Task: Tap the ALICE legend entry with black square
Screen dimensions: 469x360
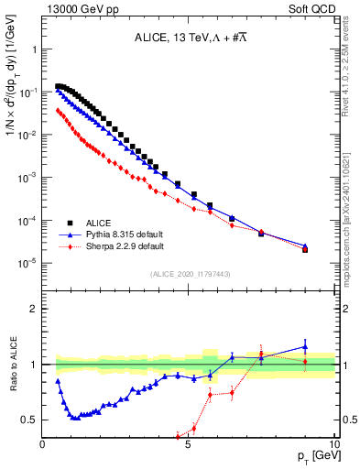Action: coord(110,223)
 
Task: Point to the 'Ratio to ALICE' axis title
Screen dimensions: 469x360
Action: coord(11,365)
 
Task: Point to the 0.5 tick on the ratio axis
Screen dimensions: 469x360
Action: coord(30,420)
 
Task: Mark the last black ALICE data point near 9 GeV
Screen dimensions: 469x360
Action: coord(306,248)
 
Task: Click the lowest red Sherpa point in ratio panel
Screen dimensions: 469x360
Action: coord(179,436)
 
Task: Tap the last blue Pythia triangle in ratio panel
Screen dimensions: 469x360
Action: coord(306,347)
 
